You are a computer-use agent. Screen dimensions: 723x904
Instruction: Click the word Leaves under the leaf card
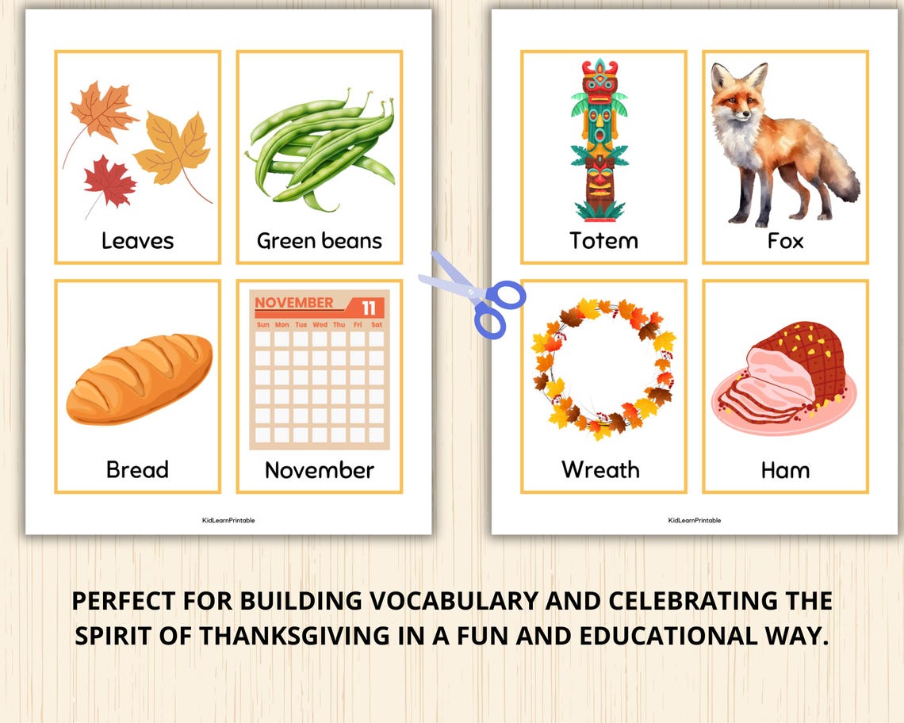click(137, 240)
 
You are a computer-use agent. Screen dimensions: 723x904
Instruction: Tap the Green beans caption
click(319, 240)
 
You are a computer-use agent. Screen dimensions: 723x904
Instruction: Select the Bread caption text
click(137, 469)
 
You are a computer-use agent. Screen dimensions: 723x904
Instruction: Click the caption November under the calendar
click(319, 470)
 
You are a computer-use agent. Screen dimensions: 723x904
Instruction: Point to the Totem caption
click(603, 240)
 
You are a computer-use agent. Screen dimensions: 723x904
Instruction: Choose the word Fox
click(785, 240)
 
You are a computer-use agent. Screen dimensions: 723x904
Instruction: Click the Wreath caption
click(600, 469)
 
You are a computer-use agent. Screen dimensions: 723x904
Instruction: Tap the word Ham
click(785, 470)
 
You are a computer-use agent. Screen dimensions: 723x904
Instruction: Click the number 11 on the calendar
click(369, 308)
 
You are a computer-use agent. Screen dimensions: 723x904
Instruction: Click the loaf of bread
click(140, 378)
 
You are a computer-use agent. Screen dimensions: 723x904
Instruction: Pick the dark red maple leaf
click(109, 180)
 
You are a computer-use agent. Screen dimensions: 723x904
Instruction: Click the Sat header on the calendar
click(377, 324)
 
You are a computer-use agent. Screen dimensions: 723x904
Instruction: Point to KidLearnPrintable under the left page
click(228, 520)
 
